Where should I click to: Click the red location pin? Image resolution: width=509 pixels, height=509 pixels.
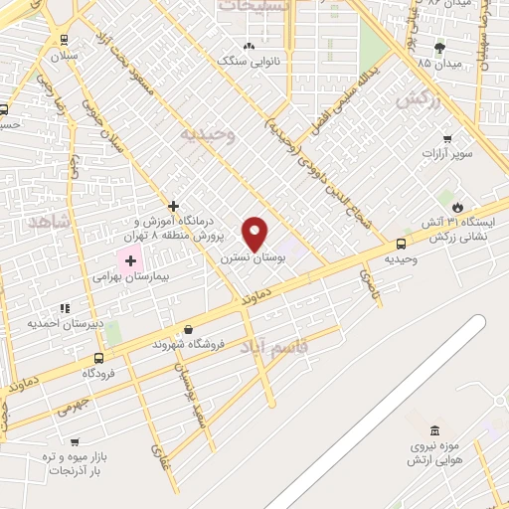pyautogui.click(x=255, y=233)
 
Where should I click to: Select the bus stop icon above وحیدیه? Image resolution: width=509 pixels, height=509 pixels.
pyautogui.click(x=401, y=244)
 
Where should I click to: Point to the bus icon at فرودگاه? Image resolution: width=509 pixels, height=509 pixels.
pyautogui.click(x=97, y=358)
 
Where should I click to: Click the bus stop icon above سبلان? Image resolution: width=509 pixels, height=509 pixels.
pyautogui.click(x=65, y=41)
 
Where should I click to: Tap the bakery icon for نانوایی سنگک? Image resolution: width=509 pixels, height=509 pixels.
pyautogui.click(x=249, y=46)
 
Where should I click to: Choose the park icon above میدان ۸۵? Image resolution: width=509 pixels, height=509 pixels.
pyautogui.click(x=439, y=48)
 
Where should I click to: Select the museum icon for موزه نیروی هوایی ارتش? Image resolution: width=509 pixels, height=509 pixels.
pyautogui.click(x=433, y=430)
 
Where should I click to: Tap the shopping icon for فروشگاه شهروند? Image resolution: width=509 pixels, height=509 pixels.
pyautogui.click(x=188, y=329)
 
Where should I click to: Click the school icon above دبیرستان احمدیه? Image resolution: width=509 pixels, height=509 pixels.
pyautogui.click(x=66, y=308)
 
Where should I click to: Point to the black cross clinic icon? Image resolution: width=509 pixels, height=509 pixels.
pyautogui.click(x=173, y=205)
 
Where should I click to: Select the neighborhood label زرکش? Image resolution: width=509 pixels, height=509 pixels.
pyautogui.click(x=417, y=101)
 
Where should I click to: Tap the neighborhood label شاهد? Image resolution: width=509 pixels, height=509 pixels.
pyautogui.click(x=45, y=222)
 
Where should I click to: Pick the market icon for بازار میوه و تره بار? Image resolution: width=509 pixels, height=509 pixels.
pyautogui.click(x=74, y=441)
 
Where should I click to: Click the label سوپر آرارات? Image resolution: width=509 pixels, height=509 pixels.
pyautogui.click(x=445, y=154)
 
